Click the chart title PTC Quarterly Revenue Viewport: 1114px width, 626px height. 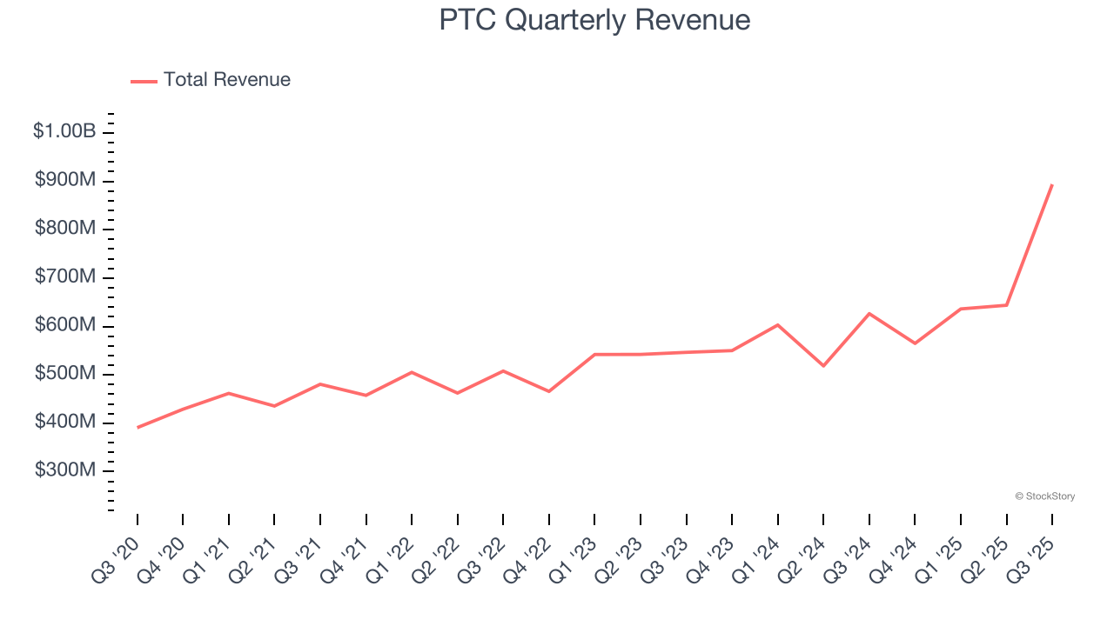[x=594, y=20]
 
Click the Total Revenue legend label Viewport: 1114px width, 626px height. [x=227, y=80]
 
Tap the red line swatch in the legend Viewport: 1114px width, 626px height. [x=144, y=81]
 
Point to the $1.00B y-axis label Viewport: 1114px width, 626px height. [x=64, y=131]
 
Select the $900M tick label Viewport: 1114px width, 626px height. [x=65, y=180]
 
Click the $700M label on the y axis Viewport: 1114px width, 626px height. [x=65, y=276]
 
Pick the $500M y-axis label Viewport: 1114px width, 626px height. [x=65, y=373]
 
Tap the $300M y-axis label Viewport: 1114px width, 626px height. [x=65, y=469]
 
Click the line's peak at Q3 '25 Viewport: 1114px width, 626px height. [x=1052, y=184]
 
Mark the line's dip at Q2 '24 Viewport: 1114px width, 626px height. [x=823, y=366]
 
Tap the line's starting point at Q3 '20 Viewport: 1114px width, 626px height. [x=138, y=428]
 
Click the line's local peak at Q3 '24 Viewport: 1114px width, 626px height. [x=869, y=313]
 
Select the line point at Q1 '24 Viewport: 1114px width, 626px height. [x=778, y=324]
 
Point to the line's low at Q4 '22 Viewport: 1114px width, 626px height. [x=549, y=391]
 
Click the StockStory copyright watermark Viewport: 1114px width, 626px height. [x=1044, y=496]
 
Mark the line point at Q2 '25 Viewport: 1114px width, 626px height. [x=1007, y=305]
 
